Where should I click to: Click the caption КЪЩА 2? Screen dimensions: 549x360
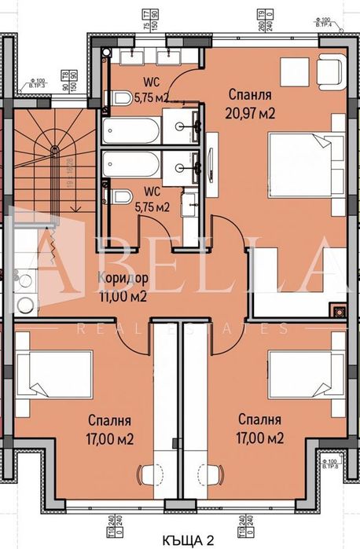(179, 540)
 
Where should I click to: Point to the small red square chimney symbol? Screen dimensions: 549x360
(339, 310)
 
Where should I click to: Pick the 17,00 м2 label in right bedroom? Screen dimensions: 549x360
(259, 437)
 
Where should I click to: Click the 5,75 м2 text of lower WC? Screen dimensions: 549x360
(152, 208)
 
